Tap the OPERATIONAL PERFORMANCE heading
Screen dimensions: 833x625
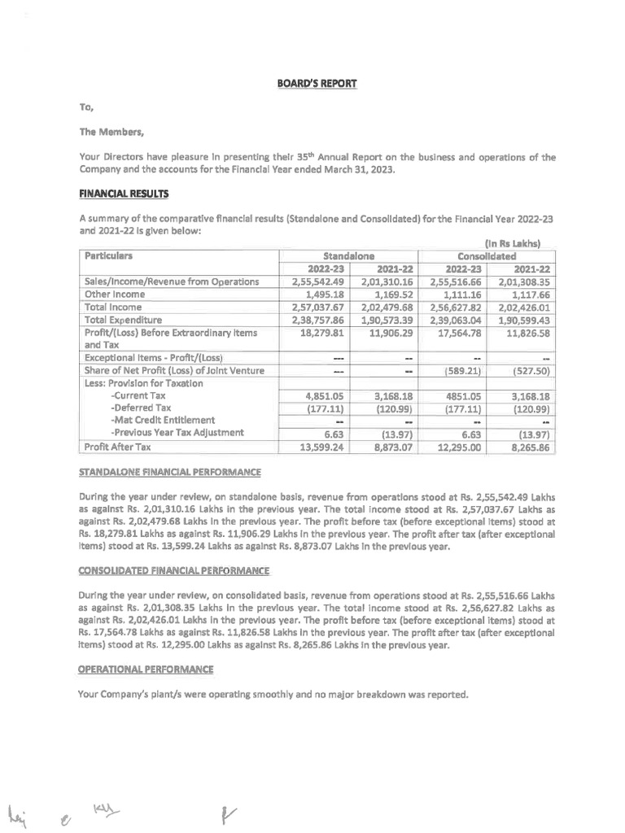click(146, 669)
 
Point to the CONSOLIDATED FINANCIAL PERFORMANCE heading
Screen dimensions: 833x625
click(174, 570)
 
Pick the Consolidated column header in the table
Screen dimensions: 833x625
click(486, 255)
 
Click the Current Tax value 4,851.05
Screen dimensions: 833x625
click(313, 396)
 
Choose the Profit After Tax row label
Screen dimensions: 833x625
click(118, 447)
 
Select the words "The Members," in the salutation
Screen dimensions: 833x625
click(111, 133)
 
